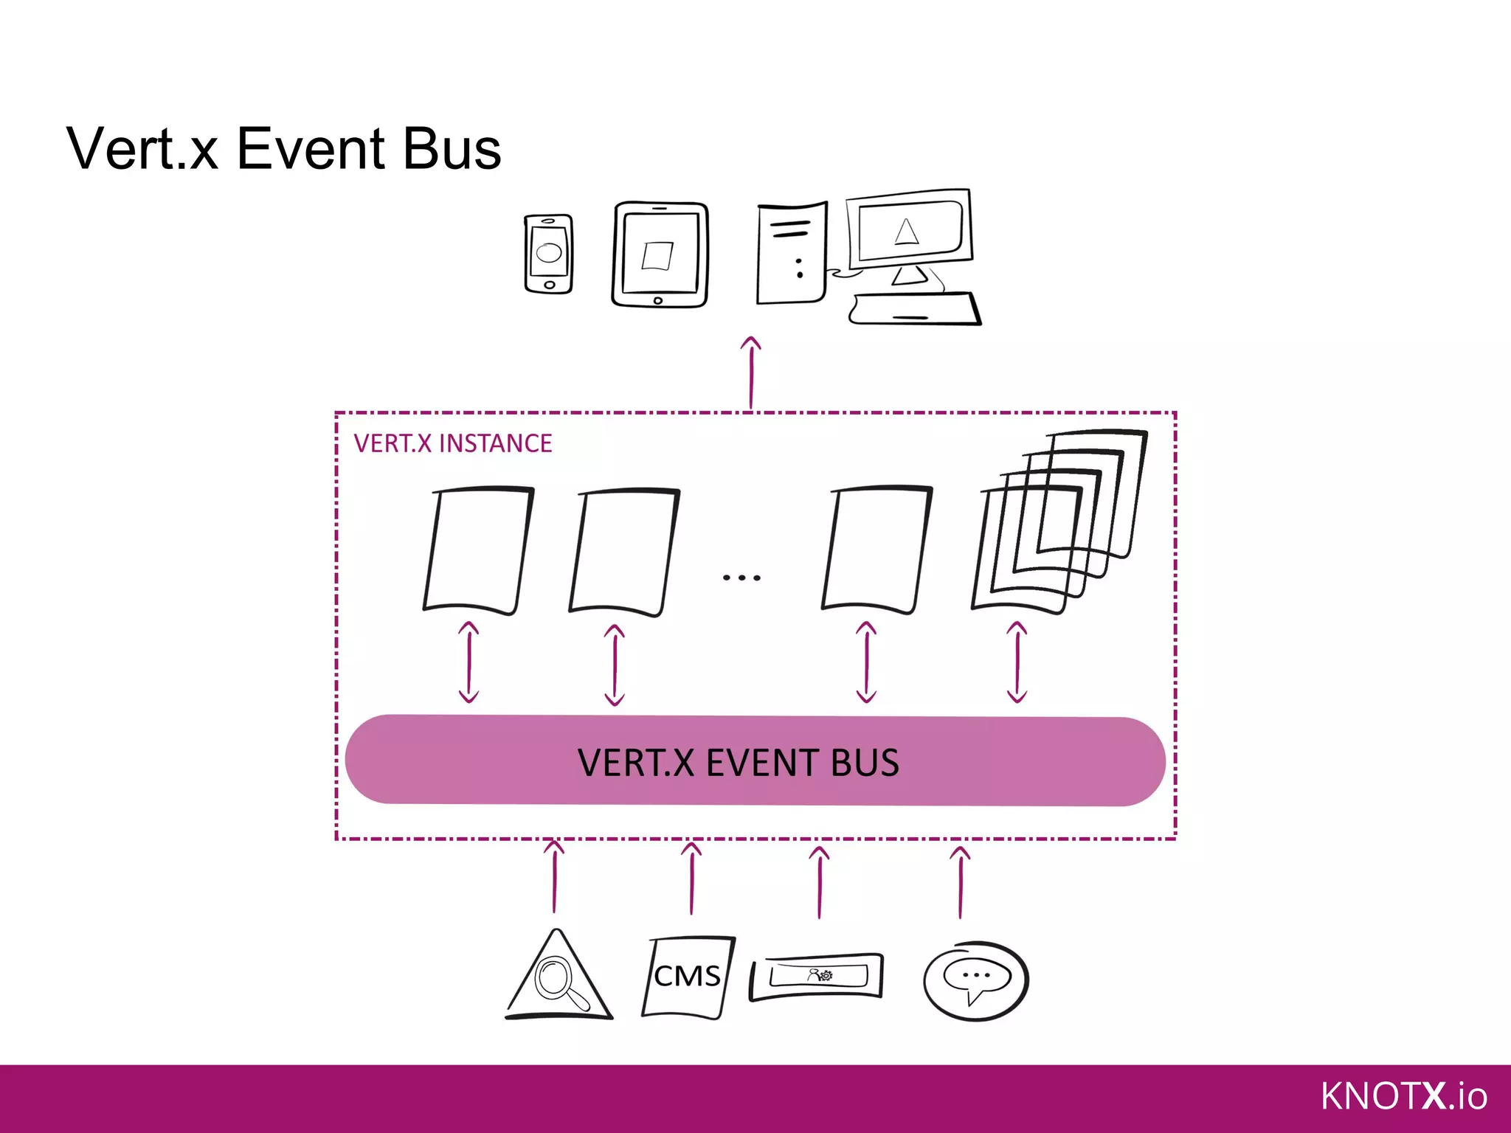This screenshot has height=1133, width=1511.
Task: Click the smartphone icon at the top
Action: (548, 254)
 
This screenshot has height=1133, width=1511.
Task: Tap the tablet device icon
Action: (660, 254)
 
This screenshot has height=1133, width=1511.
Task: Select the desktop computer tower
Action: (792, 253)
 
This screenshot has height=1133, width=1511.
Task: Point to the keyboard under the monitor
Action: (915, 309)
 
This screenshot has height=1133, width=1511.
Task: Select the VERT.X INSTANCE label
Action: (453, 443)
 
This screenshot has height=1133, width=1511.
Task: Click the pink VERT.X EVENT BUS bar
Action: (755, 760)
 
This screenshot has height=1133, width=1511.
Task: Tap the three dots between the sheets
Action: (741, 578)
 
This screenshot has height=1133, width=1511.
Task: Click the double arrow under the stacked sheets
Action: (1017, 662)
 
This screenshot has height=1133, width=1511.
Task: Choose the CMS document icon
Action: (688, 977)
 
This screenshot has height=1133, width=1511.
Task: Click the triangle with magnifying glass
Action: (559, 977)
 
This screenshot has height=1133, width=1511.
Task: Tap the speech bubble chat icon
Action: (976, 980)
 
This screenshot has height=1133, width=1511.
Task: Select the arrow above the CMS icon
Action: (691, 879)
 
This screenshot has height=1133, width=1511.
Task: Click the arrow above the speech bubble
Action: (960, 881)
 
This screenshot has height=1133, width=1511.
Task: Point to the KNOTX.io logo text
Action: (1403, 1096)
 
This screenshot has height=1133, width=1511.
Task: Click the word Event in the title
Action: (311, 149)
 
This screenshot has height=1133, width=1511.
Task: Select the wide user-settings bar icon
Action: (816, 977)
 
